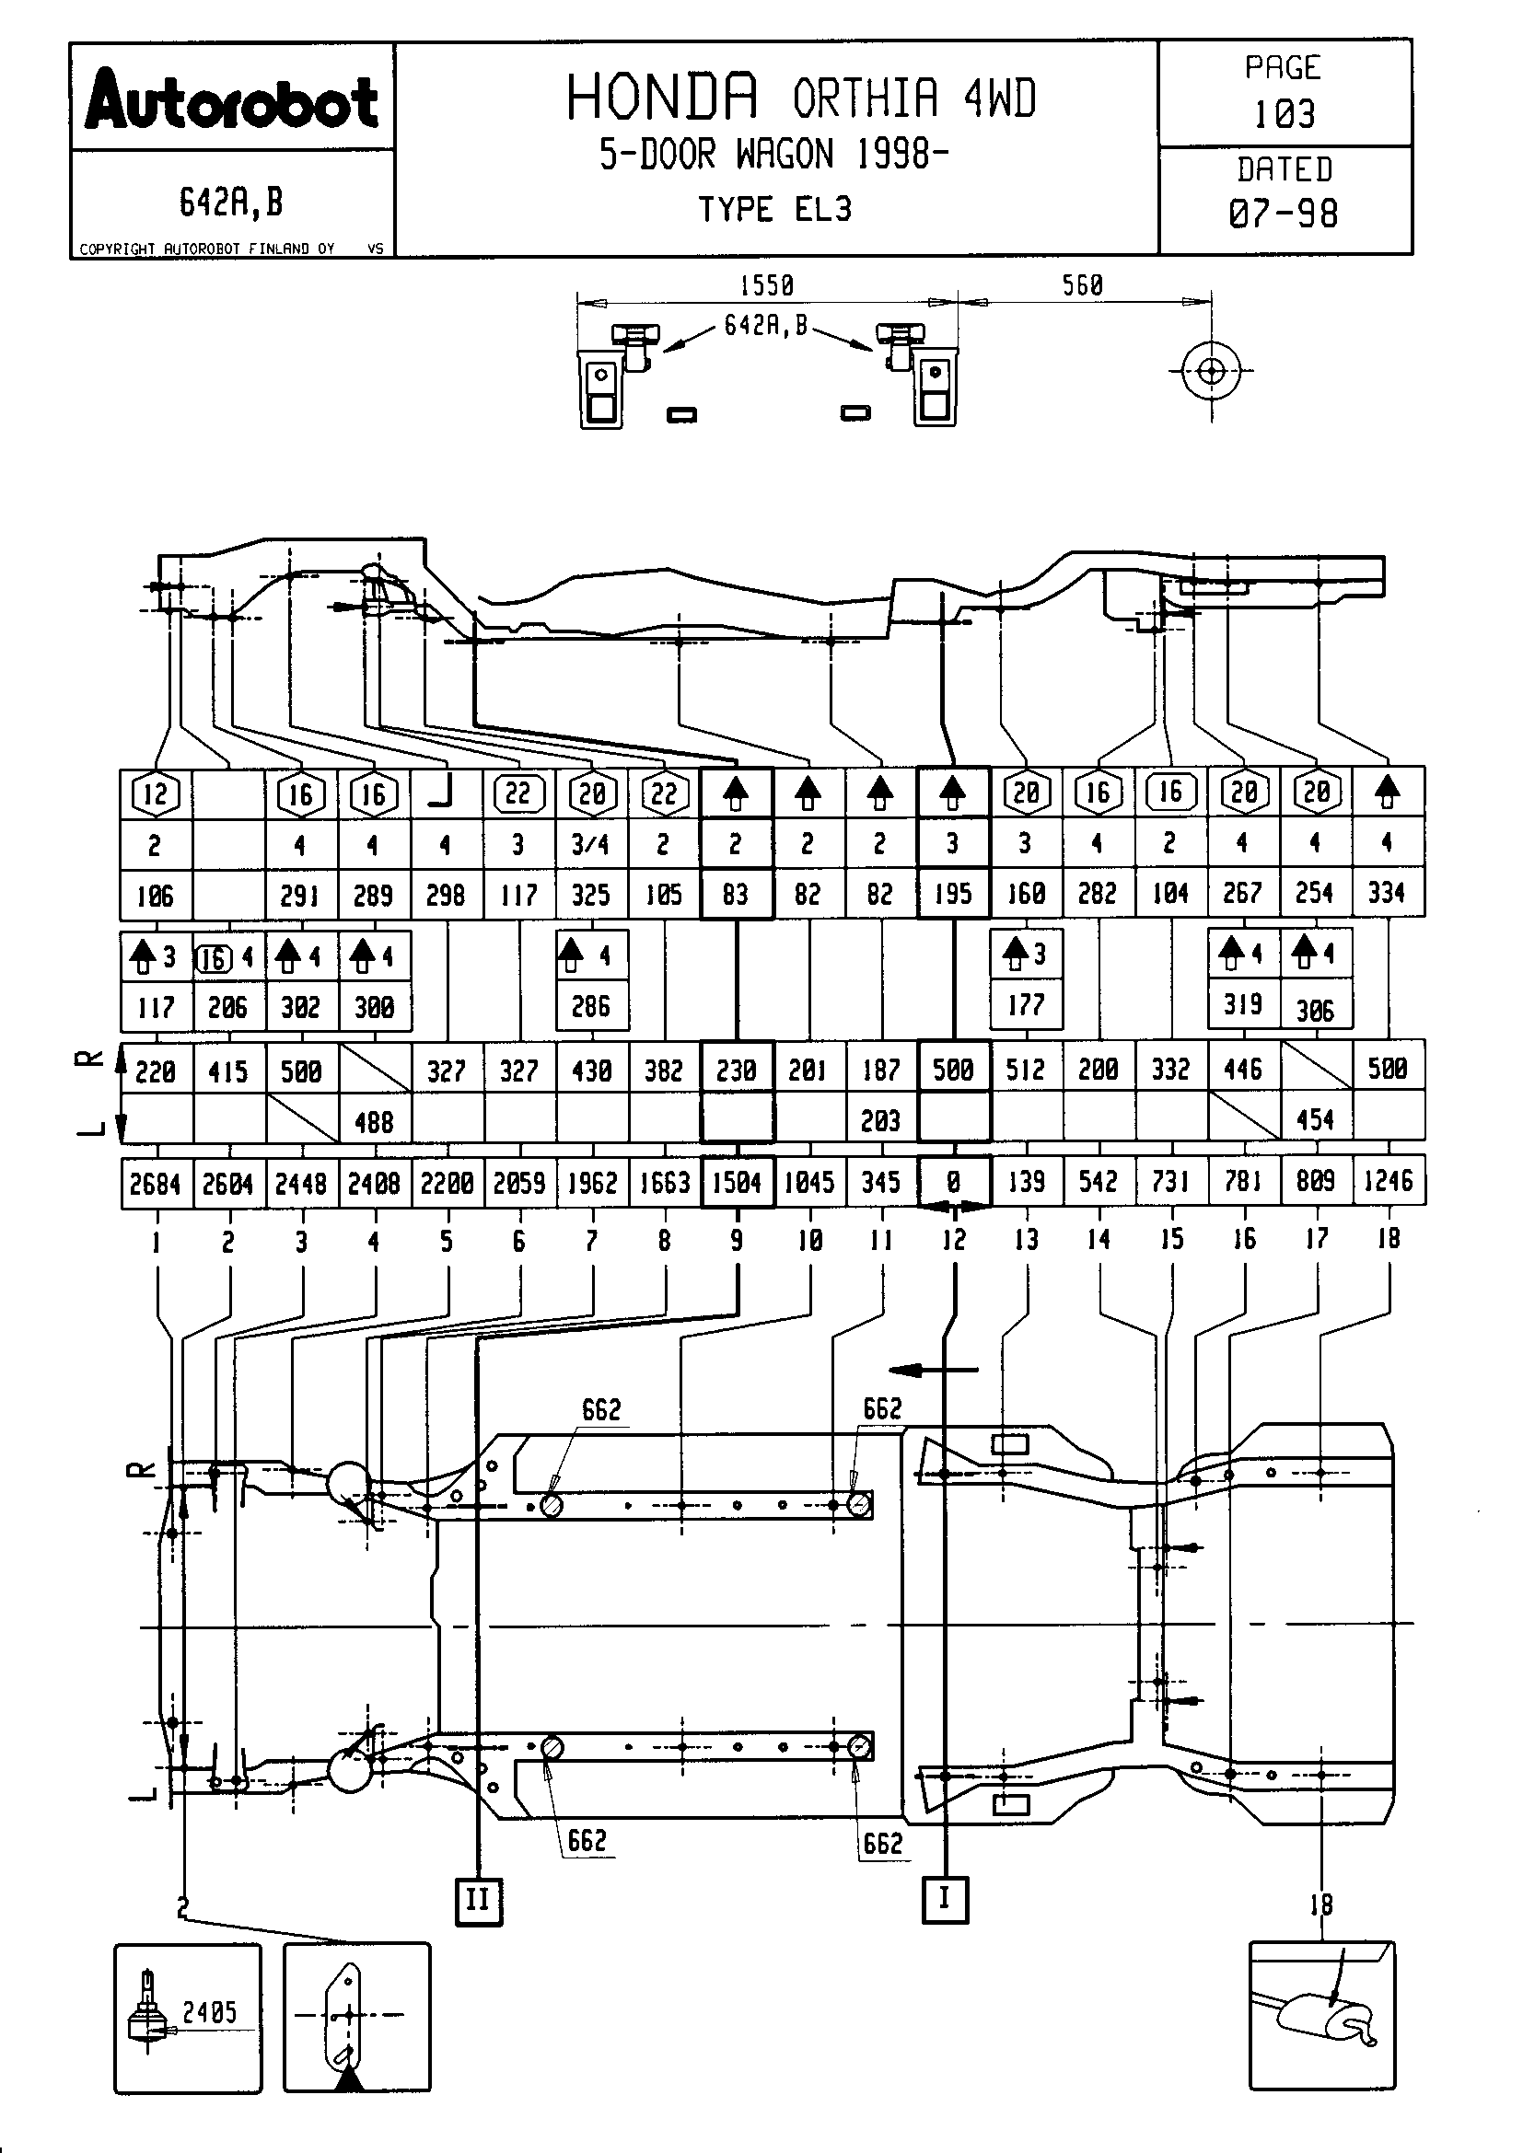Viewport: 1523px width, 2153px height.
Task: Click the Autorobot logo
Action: coord(232,101)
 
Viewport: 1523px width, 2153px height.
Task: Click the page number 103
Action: coord(1284,114)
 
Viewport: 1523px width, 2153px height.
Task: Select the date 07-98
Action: coord(1283,214)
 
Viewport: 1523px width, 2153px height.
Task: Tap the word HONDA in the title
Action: coord(662,98)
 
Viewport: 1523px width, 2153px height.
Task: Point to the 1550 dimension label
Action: coord(766,285)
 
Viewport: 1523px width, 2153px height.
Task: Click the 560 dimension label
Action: coord(1082,285)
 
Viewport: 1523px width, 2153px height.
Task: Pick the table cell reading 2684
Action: coord(156,1185)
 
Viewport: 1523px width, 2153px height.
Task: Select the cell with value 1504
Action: coord(737,1184)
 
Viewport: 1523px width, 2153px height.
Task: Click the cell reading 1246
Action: coord(1388,1181)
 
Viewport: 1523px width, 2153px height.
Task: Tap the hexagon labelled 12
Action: coord(156,794)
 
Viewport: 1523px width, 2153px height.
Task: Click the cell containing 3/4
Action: coord(591,845)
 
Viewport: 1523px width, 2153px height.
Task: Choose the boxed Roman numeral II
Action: coord(478,1900)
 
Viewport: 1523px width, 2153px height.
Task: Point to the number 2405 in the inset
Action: coord(209,2012)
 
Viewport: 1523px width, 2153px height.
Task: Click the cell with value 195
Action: coord(953,894)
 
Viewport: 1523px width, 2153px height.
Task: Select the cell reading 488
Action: coord(373,1121)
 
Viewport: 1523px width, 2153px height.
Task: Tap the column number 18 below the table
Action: coord(1388,1239)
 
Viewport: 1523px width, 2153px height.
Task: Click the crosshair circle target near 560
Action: coord(1211,371)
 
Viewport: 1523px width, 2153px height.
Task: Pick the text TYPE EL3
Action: coord(774,209)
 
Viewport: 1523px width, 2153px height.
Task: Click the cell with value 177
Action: coord(1026,1005)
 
